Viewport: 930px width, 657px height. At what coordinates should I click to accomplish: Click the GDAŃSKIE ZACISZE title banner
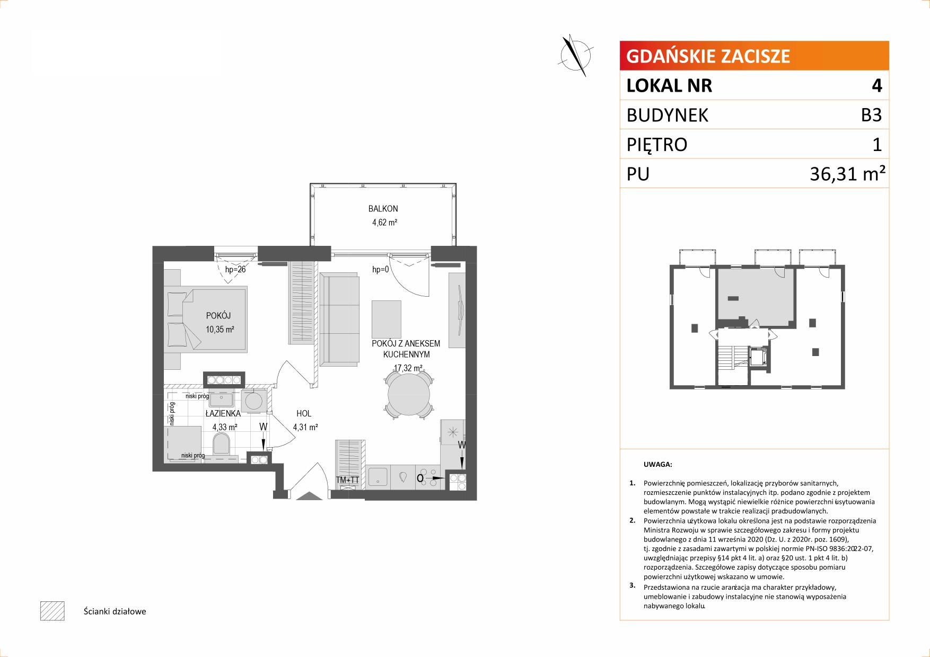pyautogui.click(x=754, y=56)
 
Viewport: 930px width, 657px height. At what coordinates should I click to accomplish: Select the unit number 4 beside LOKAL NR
pyautogui.click(x=876, y=85)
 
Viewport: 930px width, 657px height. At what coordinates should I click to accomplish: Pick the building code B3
pyautogui.click(x=871, y=115)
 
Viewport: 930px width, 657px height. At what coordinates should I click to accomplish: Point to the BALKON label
pyautogui.click(x=384, y=209)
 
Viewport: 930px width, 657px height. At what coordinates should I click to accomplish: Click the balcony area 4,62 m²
pyautogui.click(x=384, y=223)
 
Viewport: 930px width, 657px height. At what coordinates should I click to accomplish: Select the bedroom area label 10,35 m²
pyautogui.click(x=220, y=330)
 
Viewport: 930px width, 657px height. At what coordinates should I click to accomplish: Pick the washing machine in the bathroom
pyautogui.click(x=256, y=401)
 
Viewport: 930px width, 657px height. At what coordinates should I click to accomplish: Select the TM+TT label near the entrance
pyautogui.click(x=348, y=480)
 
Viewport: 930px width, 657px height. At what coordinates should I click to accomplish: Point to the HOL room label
pyautogui.click(x=304, y=413)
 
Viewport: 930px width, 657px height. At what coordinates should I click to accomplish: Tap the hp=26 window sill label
pyautogui.click(x=235, y=270)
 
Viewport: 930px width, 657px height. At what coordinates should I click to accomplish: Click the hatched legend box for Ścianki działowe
pyautogui.click(x=52, y=611)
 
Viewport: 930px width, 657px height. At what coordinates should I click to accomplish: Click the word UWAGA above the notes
pyautogui.click(x=657, y=465)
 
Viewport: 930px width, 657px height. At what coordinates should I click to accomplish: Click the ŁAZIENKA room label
pyautogui.click(x=223, y=413)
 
